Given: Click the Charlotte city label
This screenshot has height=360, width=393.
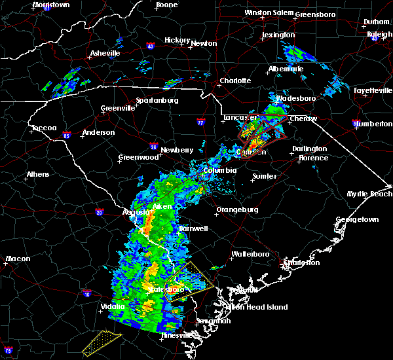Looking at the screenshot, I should tap(235, 81).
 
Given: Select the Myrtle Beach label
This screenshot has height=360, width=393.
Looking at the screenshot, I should tap(369, 194).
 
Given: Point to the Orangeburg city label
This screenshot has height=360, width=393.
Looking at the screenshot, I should tap(237, 210).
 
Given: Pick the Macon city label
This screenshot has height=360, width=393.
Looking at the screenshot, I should tap(18, 259).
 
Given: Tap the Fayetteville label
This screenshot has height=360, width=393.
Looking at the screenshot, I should tap(371, 90).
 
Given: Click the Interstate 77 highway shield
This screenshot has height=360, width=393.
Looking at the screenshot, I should tap(201, 122).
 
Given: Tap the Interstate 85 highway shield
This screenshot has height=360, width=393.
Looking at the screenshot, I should tap(67, 135).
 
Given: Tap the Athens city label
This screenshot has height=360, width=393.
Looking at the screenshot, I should tap(37, 174).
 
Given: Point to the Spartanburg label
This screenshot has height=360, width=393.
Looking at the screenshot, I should tap(157, 100).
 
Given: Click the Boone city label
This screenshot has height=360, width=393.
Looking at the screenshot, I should tap(166, 5).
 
